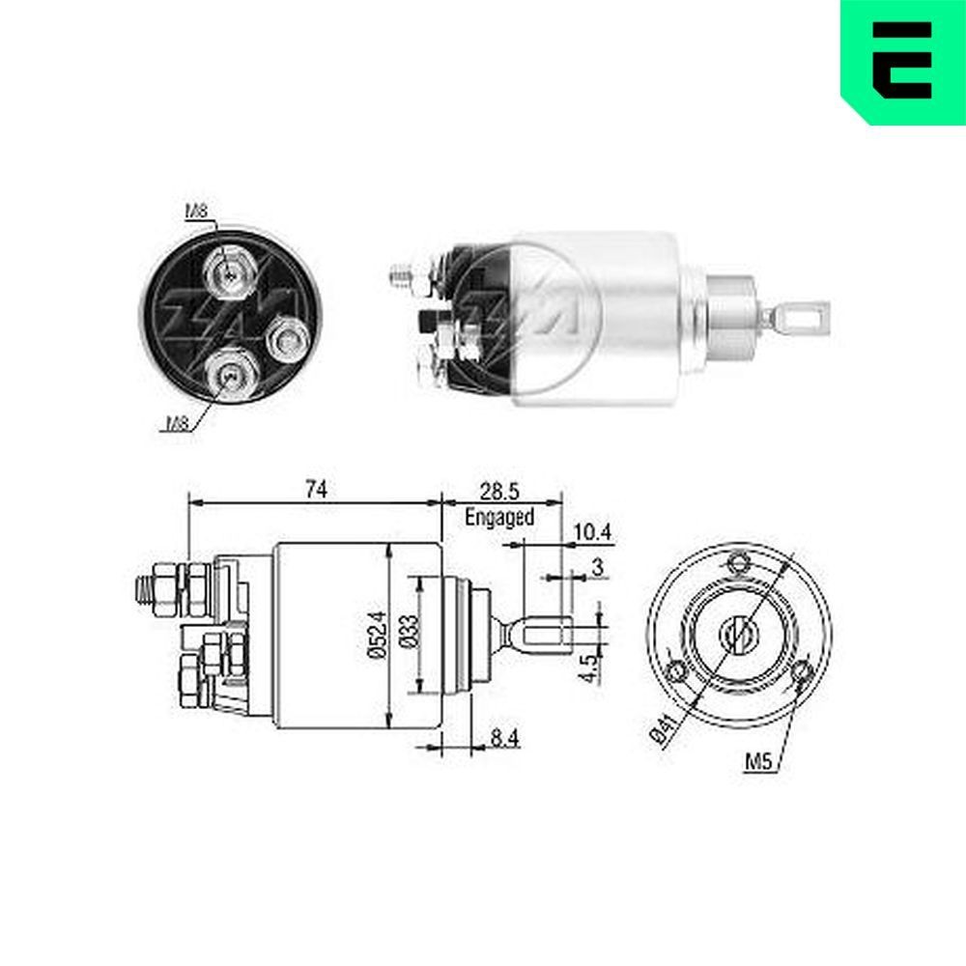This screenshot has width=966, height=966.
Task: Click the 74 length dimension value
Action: [x=315, y=490]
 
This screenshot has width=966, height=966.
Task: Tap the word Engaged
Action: [x=499, y=517]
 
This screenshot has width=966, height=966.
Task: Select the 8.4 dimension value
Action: [x=504, y=740]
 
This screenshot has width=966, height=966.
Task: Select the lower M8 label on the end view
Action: [x=178, y=421]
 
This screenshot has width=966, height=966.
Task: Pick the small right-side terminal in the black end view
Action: [x=287, y=337]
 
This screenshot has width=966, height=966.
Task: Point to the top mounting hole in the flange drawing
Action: [x=740, y=562]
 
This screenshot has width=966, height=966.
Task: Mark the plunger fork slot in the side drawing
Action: [x=548, y=634]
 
